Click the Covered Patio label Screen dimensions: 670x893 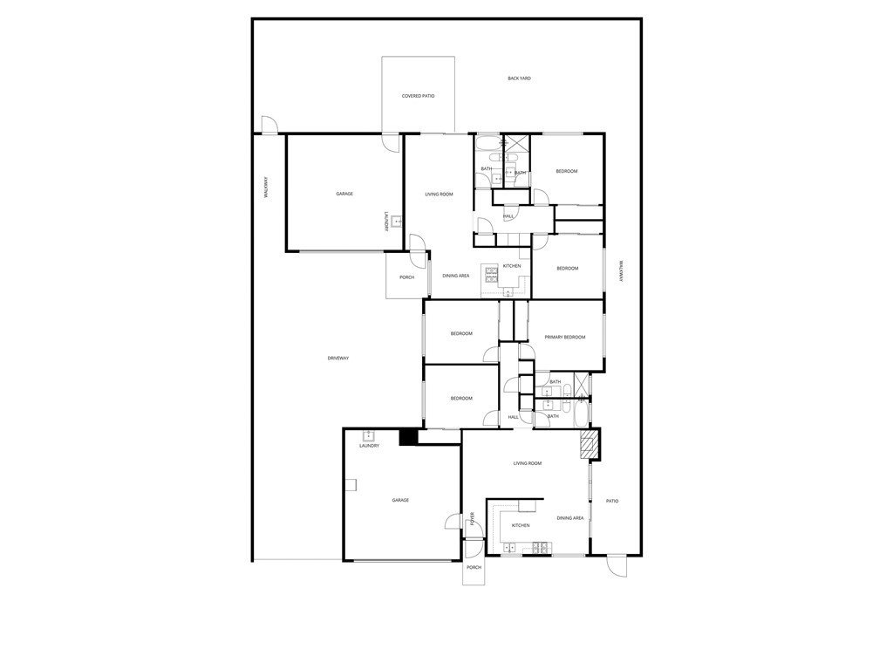click(x=418, y=96)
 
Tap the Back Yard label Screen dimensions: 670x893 click(x=519, y=79)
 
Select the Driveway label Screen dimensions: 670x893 click(x=337, y=359)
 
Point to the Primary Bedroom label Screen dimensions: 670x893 click(x=564, y=337)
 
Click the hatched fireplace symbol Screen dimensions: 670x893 click(x=590, y=445)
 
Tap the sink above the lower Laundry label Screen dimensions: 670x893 click(x=368, y=435)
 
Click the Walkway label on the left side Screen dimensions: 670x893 click(x=266, y=188)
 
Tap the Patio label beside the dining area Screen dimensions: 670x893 click(x=612, y=501)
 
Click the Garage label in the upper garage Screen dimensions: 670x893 click(x=344, y=194)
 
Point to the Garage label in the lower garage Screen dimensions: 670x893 click(x=400, y=500)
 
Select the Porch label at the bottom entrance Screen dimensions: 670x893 click(x=474, y=567)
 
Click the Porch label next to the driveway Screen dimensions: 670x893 click(x=406, y=277)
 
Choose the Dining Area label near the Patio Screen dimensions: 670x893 click(x=570, y=518)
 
